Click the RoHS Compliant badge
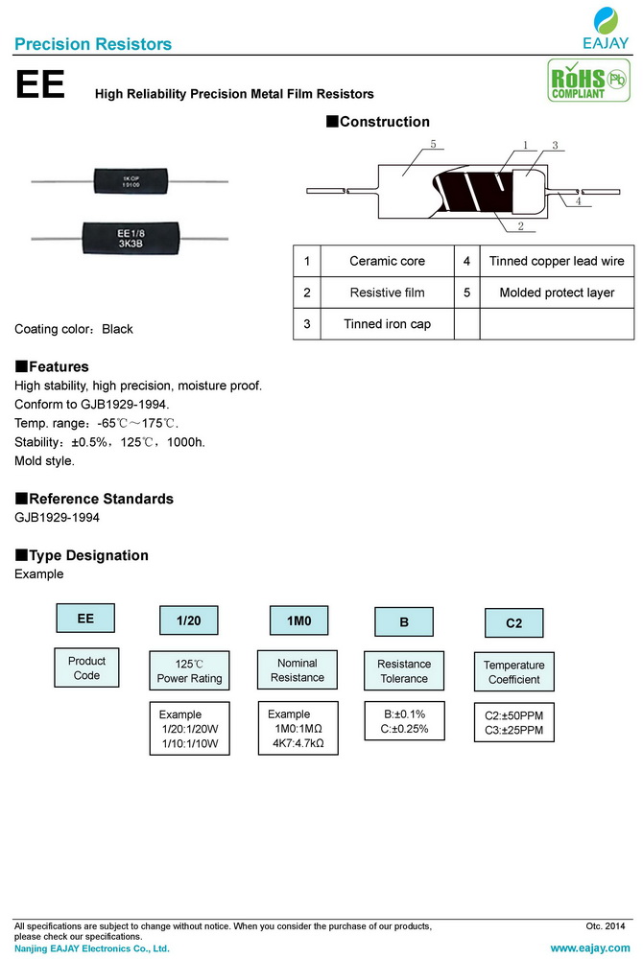[582, 82]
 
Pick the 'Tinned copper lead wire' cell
[557, 261]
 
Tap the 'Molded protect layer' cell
[557, 292]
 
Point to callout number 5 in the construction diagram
[433, 145]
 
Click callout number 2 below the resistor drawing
[519, 226]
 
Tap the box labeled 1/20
[189, 621]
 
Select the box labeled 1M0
[299, 621]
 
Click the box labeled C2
[514, 622]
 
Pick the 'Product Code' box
[86, 668]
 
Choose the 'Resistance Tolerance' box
[404, 671]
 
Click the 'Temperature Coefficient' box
[513, 672]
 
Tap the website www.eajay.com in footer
[589, 947]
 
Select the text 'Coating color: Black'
[74, 329]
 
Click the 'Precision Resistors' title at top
[94, 44]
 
